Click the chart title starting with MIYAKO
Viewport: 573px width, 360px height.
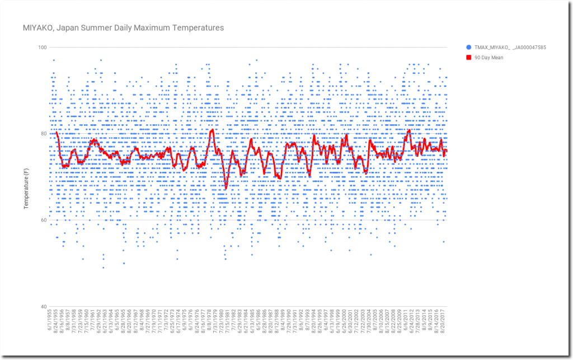pyautogui.click(x=123, y=27)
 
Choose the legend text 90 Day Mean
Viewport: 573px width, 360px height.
pyautogui.click(x=489, y=57)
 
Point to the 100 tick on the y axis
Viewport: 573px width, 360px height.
pyautogui.click(x=42, y=47)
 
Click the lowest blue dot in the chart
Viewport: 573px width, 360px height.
pyautogui.click(x=103, y=268)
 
